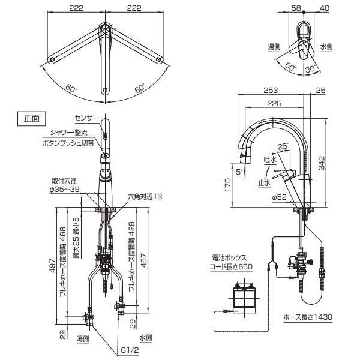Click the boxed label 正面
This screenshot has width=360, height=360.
31,118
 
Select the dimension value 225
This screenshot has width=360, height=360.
275,103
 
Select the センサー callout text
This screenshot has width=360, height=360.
87,119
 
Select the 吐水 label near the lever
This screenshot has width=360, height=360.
269,159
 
